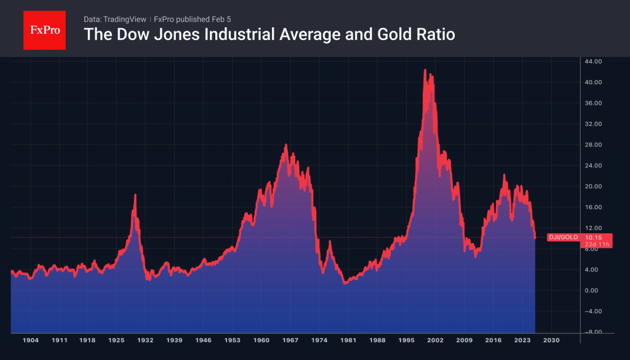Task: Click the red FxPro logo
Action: pyautogui.click(x=44, y=29)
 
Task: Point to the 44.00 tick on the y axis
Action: pyautogui.click(x=593, y=62)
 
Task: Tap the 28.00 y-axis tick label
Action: pyautogui.click(x=593, y=145)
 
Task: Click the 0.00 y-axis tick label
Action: pyautogui.click(x=593, y=290)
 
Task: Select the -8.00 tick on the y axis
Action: pyautogui.click(x=593, y=332)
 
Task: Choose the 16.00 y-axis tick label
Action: pyautogui.click(x=593, y=207)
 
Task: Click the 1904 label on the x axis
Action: pyautogui.click(x=31, y=340)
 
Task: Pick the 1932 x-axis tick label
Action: pyautogui.click(x=146, y=340)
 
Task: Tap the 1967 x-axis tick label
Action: pyautogui.click(x=290, y=340)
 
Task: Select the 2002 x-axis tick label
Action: pyautogui.click(x=435, y=340)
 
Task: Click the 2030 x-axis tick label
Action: pyautogui.click(x=551, y=340)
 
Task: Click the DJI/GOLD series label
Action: pyautogui.click(x=563, y=237)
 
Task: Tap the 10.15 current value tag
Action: pyautogui.click(x=594, y=237)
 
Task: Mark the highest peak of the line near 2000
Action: pyautogui.click(x=425, y=70)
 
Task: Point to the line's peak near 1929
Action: pyautogui.click(x=135, y=195)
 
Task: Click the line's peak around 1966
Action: pyautogui.click(x=286, y=145)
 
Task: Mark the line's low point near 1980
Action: pyautogui.click(x=345, y=282)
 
